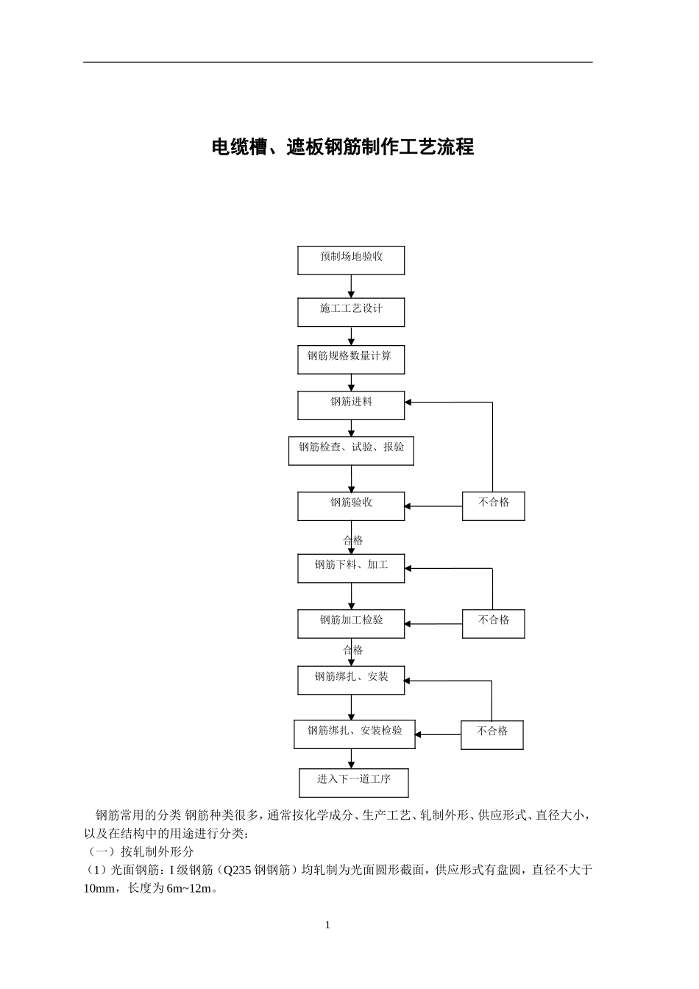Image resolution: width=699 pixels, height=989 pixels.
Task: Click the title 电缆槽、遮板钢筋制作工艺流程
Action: tap(343, 147)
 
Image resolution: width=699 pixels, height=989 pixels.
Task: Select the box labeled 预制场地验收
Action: tap(351, 260)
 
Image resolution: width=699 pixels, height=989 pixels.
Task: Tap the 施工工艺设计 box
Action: tap(351, 311)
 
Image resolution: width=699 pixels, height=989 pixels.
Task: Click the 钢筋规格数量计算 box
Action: tap(351, 359)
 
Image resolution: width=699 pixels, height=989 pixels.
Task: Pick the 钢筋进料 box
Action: tap(351, 405)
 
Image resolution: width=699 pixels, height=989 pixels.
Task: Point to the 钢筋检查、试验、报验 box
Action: tap(351, 450)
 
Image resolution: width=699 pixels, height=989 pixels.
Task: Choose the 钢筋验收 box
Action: tap(351, 506)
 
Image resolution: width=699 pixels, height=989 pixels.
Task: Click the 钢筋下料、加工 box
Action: tap(351, 568)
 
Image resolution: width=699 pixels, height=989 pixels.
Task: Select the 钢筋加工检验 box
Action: tap(351, 623)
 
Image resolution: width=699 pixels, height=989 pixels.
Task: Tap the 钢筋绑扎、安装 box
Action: tap(351, 679)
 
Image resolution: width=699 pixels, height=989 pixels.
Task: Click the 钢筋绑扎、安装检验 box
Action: tap(354, 734)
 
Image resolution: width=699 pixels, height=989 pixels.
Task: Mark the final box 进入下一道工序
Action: tap(354, 782)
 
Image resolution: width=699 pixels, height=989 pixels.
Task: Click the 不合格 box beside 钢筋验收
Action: tap(493, 506)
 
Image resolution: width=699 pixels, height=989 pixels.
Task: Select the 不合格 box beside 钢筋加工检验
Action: tap(493, 623)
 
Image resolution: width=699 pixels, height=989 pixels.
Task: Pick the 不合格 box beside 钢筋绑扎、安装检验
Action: tap(492, 734)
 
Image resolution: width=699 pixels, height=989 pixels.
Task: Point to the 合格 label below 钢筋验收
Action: tap(353, 540)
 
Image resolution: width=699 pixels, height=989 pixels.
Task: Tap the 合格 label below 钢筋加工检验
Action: tap(353, 651)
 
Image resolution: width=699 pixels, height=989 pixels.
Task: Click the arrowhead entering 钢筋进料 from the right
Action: tap(408, 403)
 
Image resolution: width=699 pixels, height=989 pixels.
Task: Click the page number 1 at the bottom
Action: tap(327, 925)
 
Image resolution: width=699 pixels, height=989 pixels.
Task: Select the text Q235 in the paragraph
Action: tap(237, 870)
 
